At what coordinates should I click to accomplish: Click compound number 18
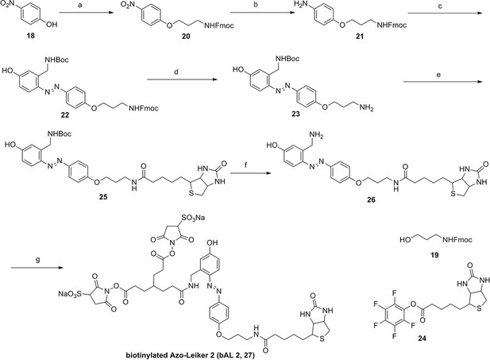[x=31, y=35]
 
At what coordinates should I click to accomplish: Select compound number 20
[x=186, y=37]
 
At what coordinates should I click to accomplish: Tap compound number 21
[x=360, y=37]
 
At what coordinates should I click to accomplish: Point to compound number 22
[x=65, y=115]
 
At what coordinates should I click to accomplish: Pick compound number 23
[x=295, y=114]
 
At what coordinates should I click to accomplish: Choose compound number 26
[x=371, y=199]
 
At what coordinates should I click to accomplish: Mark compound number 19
[x=434, y=255]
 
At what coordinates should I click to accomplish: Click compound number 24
[x=421, y=338]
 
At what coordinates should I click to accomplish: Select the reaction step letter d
[x=176, y=72]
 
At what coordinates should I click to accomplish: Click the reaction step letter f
[x=245, y=165]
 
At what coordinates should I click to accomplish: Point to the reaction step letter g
[x=38, y=260]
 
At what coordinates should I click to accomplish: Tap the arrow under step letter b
[x=263, y=13]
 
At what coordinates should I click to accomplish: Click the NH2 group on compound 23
[x=367, y=108]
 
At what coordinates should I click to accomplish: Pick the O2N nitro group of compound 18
[x=7, y=4]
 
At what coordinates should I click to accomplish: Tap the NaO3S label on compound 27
[x=70, y=294]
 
